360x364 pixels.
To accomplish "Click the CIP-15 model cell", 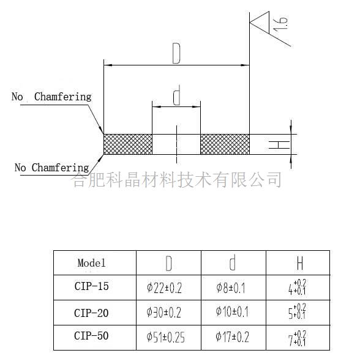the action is coord(91,286).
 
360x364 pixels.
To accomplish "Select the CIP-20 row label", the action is coord(91,313).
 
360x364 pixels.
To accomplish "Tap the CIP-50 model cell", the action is coord(91,336).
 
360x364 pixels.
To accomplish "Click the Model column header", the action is coord(91,263).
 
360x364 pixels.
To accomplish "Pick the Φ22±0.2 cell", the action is coord(164,288).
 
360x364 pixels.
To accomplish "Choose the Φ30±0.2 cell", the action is coord(163,313).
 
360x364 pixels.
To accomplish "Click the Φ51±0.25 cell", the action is coord(165,337).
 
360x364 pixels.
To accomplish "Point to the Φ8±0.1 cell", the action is coord(231,288).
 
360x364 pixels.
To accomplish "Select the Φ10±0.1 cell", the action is coord(232,311).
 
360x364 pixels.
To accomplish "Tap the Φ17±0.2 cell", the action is coord(232,337).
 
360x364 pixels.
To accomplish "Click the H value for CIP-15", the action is coord(297,287).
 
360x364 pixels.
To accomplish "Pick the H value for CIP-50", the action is coord(297,338).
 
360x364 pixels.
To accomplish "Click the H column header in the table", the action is coord(300,263).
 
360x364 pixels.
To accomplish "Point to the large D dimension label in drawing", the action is coord(176,54).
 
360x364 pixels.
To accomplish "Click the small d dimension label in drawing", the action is coord(177,95).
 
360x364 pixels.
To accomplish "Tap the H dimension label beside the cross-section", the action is coord(279,144).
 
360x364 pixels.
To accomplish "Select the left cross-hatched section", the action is coord(128,144).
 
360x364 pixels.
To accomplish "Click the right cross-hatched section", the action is coord(225,144).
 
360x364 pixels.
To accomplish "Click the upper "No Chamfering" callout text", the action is coord(51,97).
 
